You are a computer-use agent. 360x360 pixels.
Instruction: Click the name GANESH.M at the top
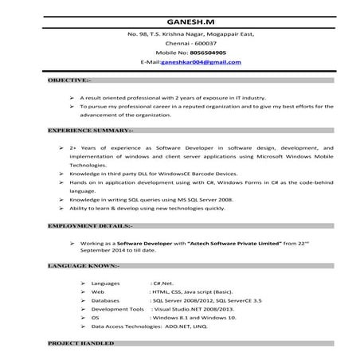179,21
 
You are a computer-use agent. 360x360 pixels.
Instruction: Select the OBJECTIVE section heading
69,80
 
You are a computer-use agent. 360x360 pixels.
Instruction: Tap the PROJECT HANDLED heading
80,342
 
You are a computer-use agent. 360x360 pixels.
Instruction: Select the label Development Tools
117,309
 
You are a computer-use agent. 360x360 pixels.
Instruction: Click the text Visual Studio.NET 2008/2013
195,309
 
